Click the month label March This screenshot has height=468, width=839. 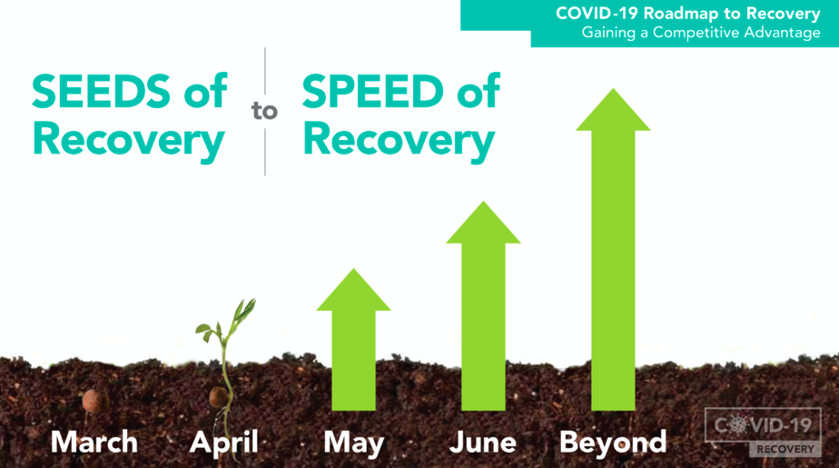94,443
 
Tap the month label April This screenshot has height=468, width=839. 224,443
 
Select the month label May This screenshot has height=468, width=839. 354,443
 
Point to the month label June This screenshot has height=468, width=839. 483,443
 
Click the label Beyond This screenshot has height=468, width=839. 613,443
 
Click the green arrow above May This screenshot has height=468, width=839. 354,340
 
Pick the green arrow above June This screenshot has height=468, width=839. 483,305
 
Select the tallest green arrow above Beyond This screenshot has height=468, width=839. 613,250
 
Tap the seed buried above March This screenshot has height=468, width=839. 94,401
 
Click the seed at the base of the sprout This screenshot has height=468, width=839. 219,398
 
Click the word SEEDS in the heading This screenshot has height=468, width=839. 101,91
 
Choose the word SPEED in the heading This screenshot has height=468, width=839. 373,91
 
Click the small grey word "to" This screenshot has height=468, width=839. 264,111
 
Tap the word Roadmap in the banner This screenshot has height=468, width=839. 679,14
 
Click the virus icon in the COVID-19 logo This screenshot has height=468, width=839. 739,425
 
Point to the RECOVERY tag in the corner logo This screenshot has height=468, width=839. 785,449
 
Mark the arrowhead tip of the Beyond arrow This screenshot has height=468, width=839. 613,89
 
